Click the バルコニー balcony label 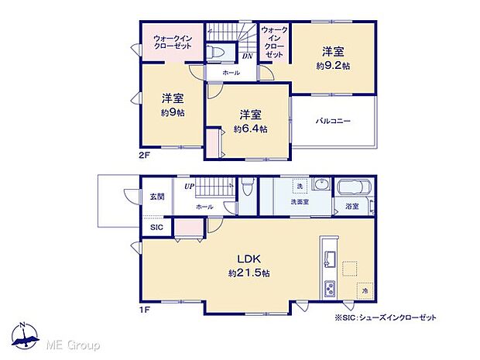tap(333, 122)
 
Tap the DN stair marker tap(247, 56)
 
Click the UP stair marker tap(189, 187)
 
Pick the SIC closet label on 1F tap(156, 228)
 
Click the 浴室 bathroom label tap(351, 207)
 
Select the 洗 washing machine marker tap(299, 187)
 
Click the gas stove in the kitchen tap(328, 289)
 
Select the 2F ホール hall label tap(231, 73)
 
